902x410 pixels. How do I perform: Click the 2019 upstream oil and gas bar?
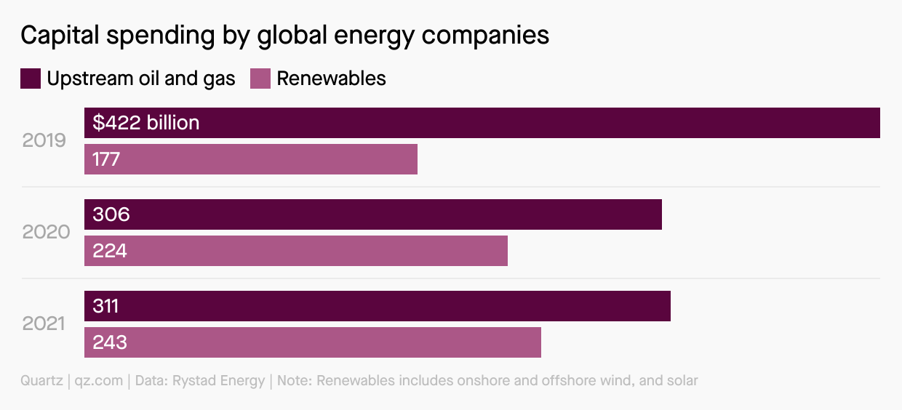509,123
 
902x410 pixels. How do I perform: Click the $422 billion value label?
146,123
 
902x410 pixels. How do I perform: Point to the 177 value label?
106,159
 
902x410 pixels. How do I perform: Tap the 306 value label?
111,214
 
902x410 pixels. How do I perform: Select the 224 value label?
110,251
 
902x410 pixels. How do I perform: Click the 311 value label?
105,306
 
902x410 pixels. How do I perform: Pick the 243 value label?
110,342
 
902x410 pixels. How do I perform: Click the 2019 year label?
44,140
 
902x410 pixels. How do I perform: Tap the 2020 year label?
46,232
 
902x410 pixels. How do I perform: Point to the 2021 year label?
44,323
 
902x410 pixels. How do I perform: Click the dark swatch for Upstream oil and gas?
31,79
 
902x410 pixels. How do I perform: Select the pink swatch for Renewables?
260,79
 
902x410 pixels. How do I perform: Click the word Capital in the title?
59,36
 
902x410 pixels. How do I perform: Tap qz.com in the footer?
99,381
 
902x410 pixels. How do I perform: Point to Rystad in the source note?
195,381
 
